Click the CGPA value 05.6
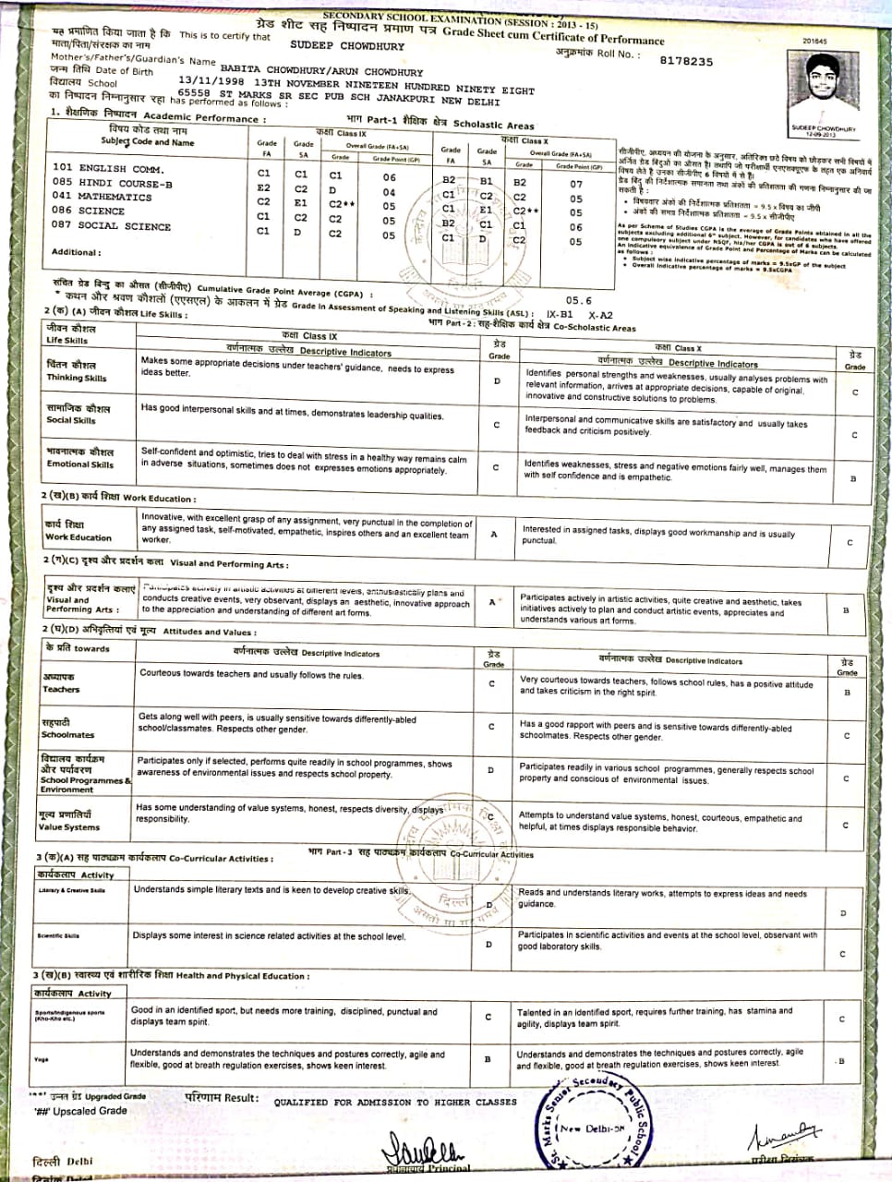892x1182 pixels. point(578,300)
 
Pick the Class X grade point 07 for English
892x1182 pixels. point(575,184)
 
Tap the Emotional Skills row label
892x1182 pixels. point(80,458)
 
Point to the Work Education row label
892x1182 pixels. point(78,531)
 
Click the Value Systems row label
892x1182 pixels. point(69,821)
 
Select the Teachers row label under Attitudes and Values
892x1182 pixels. point(61,683)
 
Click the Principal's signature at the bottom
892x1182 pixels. point(426,1151)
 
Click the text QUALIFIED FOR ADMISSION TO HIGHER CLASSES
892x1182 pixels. point(395,1102)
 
